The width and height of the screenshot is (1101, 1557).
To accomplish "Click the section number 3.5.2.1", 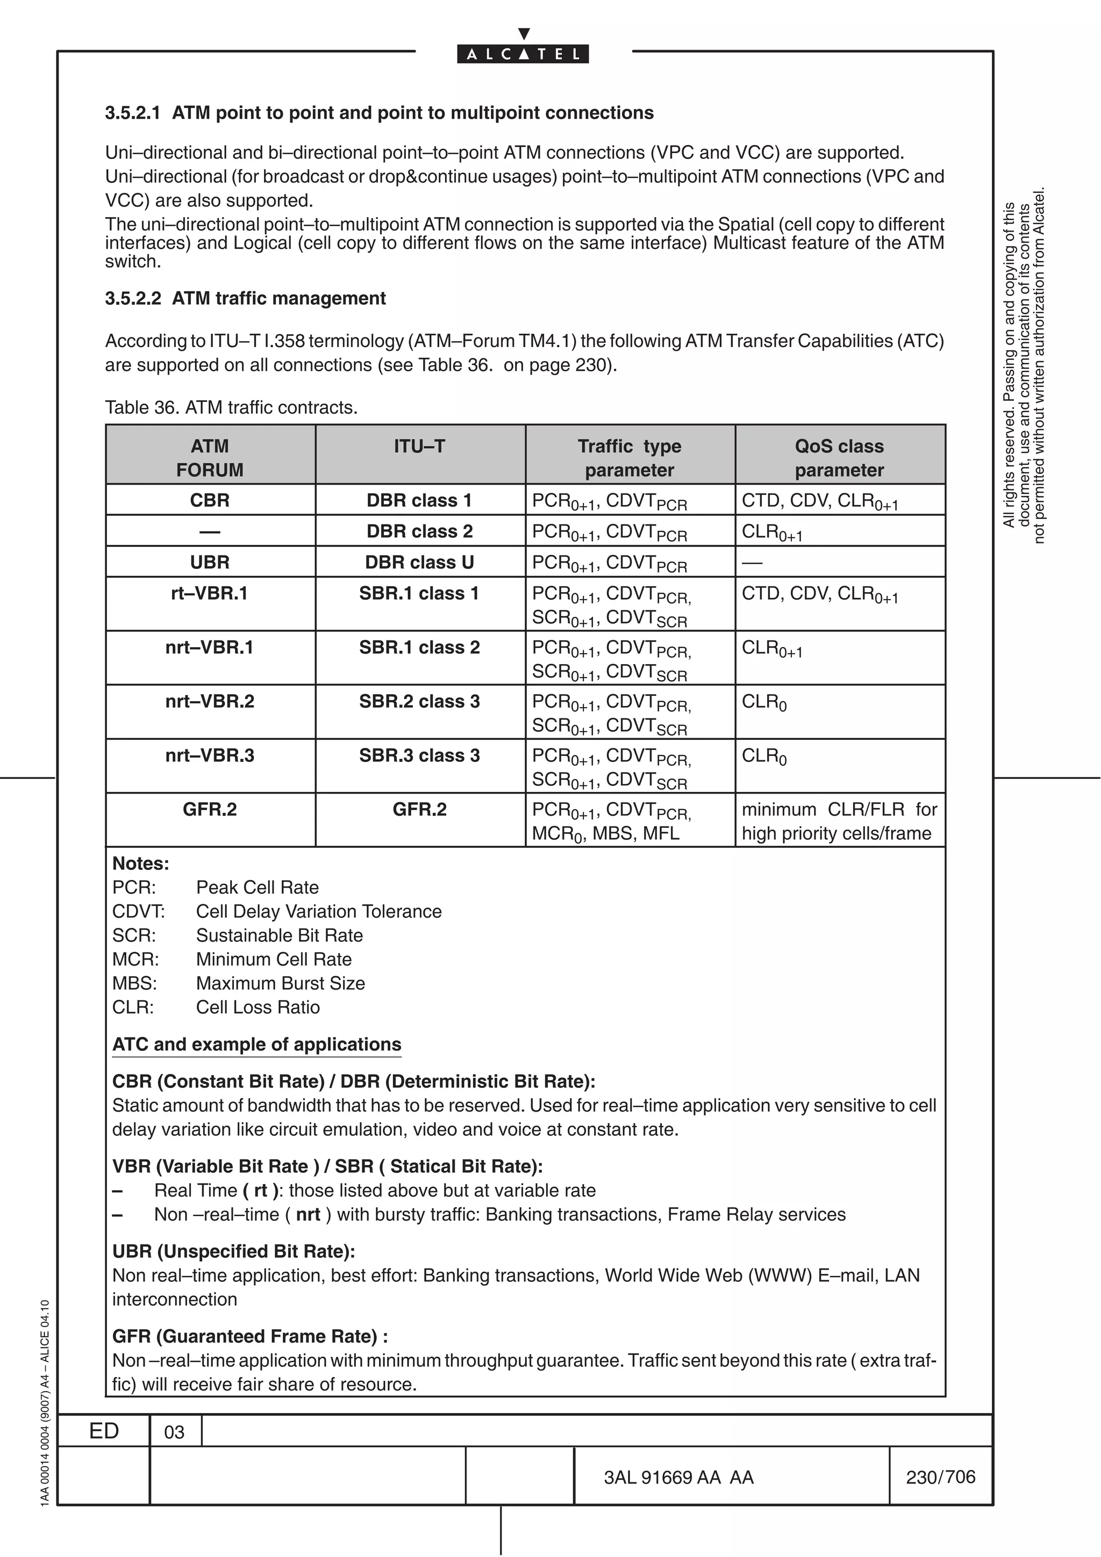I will point(133,113).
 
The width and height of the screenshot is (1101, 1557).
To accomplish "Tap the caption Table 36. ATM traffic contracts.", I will point(231,408).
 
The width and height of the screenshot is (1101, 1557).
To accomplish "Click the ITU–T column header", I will point(419,446).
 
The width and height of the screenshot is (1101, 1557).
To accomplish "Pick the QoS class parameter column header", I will point(839,458).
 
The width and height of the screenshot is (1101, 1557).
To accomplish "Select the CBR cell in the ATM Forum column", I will point(210,501).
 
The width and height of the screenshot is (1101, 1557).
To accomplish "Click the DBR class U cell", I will point(419,562).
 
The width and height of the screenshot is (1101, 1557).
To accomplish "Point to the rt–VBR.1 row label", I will point(210,593).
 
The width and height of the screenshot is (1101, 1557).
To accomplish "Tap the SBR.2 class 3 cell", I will point(419,701).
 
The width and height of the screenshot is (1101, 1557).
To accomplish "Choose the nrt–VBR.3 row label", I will point(210,755).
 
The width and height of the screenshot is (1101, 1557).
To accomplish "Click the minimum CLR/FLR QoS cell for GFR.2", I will point(839,821).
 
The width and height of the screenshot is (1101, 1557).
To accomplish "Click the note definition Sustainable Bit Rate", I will point(280,935).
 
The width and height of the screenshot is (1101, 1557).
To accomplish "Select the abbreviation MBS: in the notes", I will point(134,983).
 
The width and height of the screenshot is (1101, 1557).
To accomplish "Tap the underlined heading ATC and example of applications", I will point(256,1044).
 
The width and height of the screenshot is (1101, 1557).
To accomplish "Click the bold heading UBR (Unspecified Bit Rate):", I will point(233,1251).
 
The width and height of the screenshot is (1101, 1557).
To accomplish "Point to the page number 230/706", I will point(940,1477).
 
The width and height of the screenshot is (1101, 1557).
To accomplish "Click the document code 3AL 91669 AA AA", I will point(678,1477).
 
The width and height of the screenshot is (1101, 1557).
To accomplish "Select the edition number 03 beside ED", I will point(174,1432).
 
